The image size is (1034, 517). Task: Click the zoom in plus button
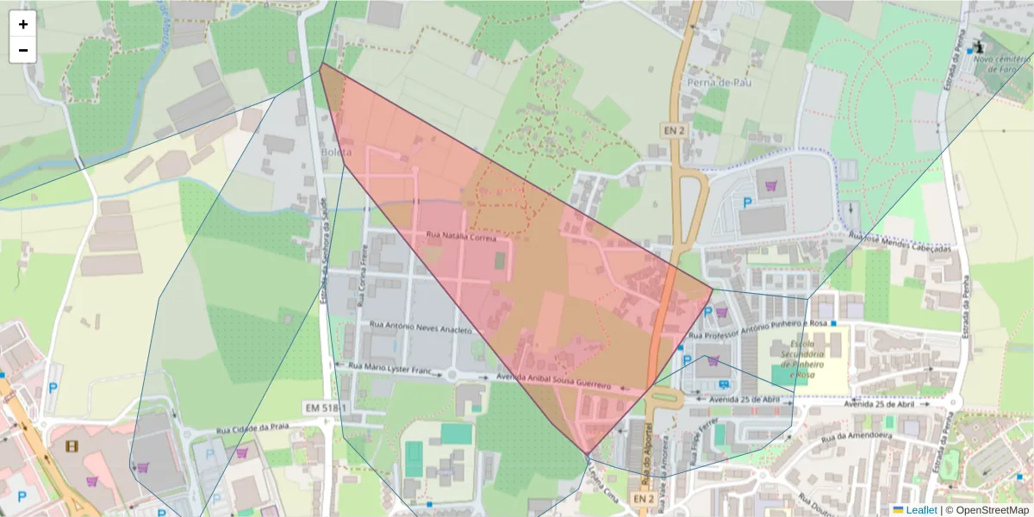(x=23, y=24)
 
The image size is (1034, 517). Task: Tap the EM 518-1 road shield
(x=325, y=407)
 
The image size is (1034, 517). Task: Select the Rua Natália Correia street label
(x=463, y=237)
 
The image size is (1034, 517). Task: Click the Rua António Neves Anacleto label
(x=420, y=328)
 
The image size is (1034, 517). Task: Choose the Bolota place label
(x=336, y=153)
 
